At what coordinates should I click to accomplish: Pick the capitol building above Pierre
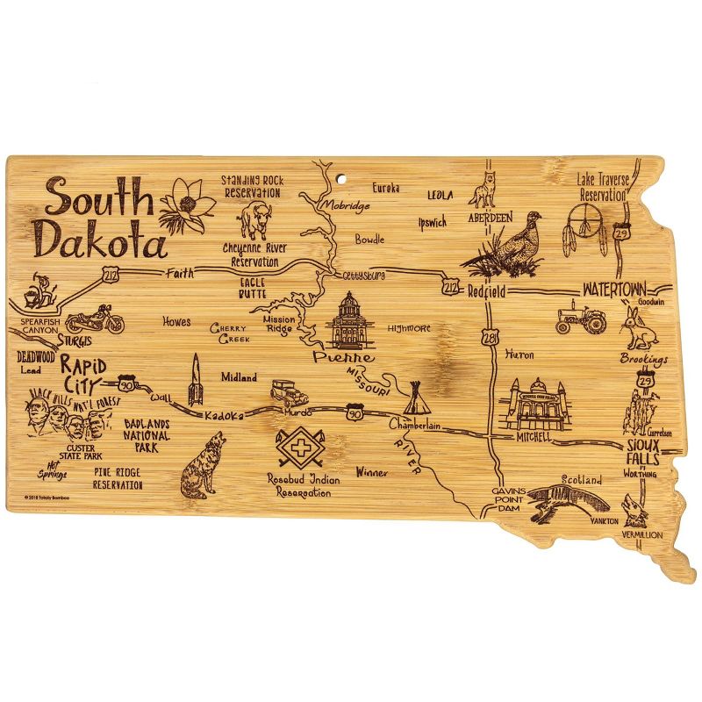coord(349,321)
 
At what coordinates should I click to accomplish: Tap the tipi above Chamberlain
coord(414,399)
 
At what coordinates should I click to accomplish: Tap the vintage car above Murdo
coord(288,390)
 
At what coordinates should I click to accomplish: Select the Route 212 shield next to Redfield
coord(451,287)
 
